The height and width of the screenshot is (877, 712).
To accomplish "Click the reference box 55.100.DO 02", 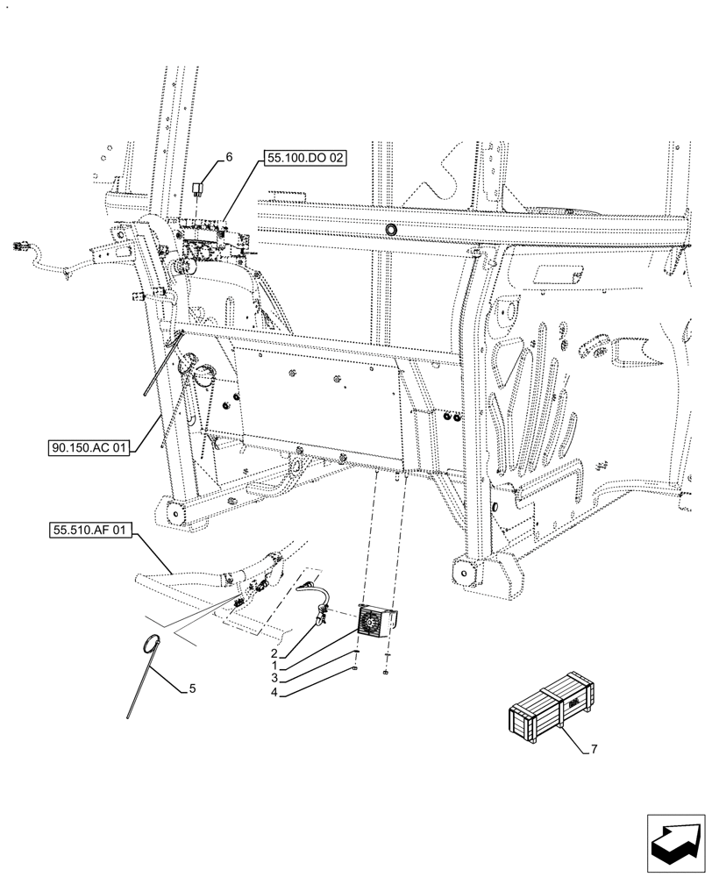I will point(303,159).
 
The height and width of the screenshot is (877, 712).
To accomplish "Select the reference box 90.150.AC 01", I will point(89,448).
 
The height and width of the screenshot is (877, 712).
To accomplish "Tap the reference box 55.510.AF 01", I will point(89,530).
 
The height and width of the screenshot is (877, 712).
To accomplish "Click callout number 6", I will point(229,157).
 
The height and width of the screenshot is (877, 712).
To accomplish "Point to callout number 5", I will point(193,689).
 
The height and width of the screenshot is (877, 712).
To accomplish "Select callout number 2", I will point(274,653).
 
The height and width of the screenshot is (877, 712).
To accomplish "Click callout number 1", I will point(274,666).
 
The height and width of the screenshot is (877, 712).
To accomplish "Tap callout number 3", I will point(274,679).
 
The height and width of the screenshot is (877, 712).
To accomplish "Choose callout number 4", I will point(274,692).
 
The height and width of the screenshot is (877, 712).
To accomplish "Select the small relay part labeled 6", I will point(200,188).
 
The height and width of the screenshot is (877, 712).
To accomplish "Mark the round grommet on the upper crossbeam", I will point(390,230).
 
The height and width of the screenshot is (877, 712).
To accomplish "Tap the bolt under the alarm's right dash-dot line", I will point(387,674).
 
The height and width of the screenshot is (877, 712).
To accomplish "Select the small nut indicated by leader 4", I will point(355,669).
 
